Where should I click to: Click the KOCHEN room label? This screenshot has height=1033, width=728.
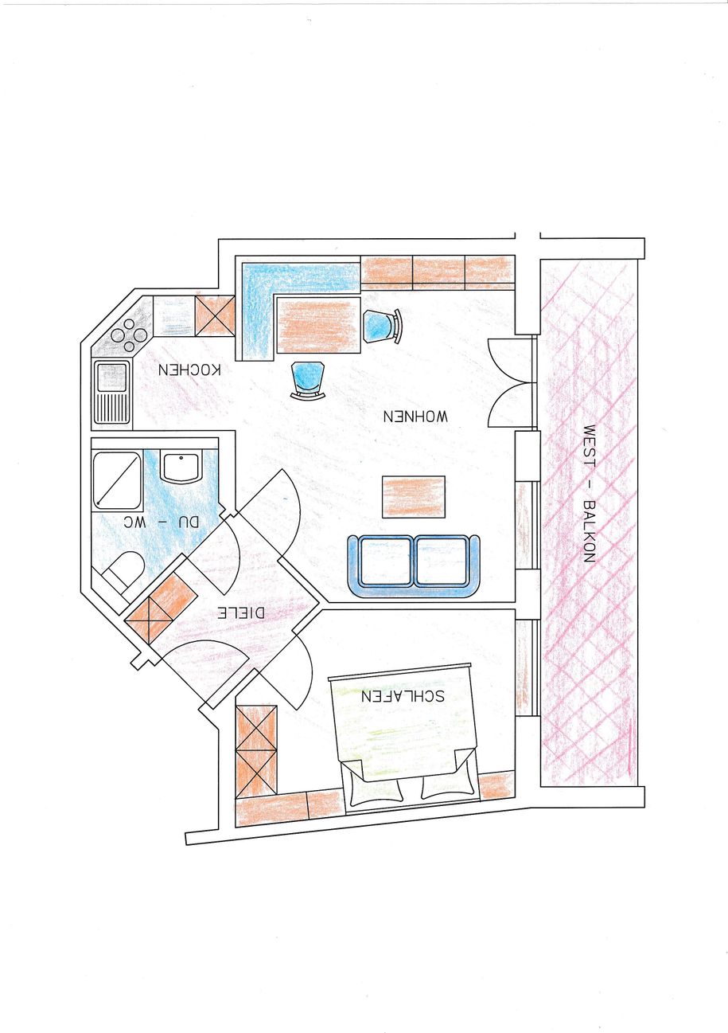point(189,370)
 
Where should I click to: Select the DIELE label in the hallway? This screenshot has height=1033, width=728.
point(242,613)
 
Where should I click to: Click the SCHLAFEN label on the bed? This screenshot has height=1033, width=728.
point(402,695)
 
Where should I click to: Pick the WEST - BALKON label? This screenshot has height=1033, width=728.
point(589,494)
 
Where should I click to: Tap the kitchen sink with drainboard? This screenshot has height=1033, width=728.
point(112,393)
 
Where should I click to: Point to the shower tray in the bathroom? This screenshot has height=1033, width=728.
point(118,479)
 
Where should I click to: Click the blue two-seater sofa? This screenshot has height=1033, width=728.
point(414,565)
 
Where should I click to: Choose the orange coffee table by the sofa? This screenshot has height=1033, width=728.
point(413,496)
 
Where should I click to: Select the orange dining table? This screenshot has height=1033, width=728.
point(317,323)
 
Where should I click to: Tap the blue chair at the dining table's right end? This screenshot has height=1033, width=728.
point(381,326)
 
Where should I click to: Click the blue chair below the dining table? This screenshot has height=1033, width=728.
point(308,378)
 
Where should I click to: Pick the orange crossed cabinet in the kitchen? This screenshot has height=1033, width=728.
point(215,315)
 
